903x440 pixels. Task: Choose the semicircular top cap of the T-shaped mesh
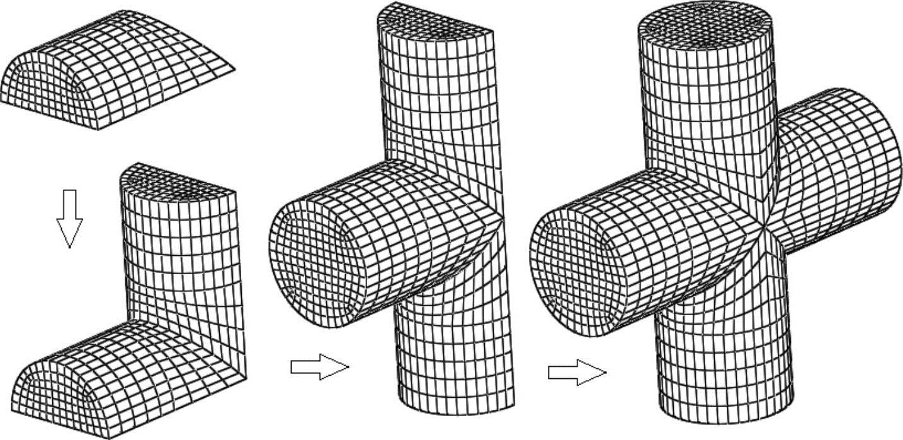click(434, 19)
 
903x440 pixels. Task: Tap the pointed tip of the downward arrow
click(69, 246)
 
